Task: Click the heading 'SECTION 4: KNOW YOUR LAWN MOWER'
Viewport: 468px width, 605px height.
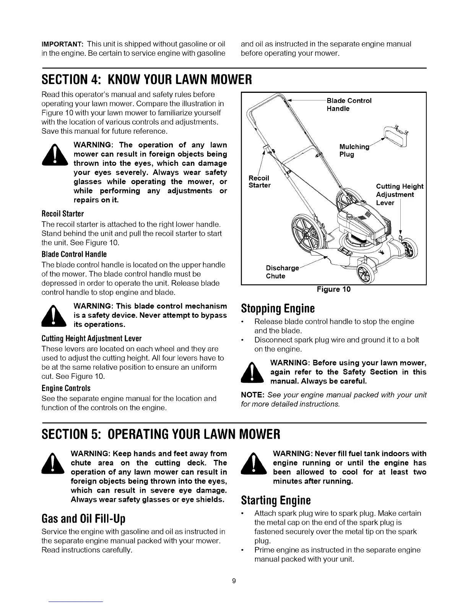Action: [146, 81]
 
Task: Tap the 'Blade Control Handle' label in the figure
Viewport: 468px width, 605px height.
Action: [349, 105]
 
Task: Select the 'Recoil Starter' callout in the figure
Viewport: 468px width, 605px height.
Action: [260, 182]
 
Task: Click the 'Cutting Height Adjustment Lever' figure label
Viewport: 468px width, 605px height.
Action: [399, 194]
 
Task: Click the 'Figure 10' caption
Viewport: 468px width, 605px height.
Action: [333, 290]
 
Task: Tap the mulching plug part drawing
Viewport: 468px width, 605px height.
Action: [395, 134]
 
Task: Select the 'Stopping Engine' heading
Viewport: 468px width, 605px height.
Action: [278, 308]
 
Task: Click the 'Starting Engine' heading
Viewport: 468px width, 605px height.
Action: [276, 500]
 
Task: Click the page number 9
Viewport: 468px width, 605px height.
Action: [234, 581]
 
